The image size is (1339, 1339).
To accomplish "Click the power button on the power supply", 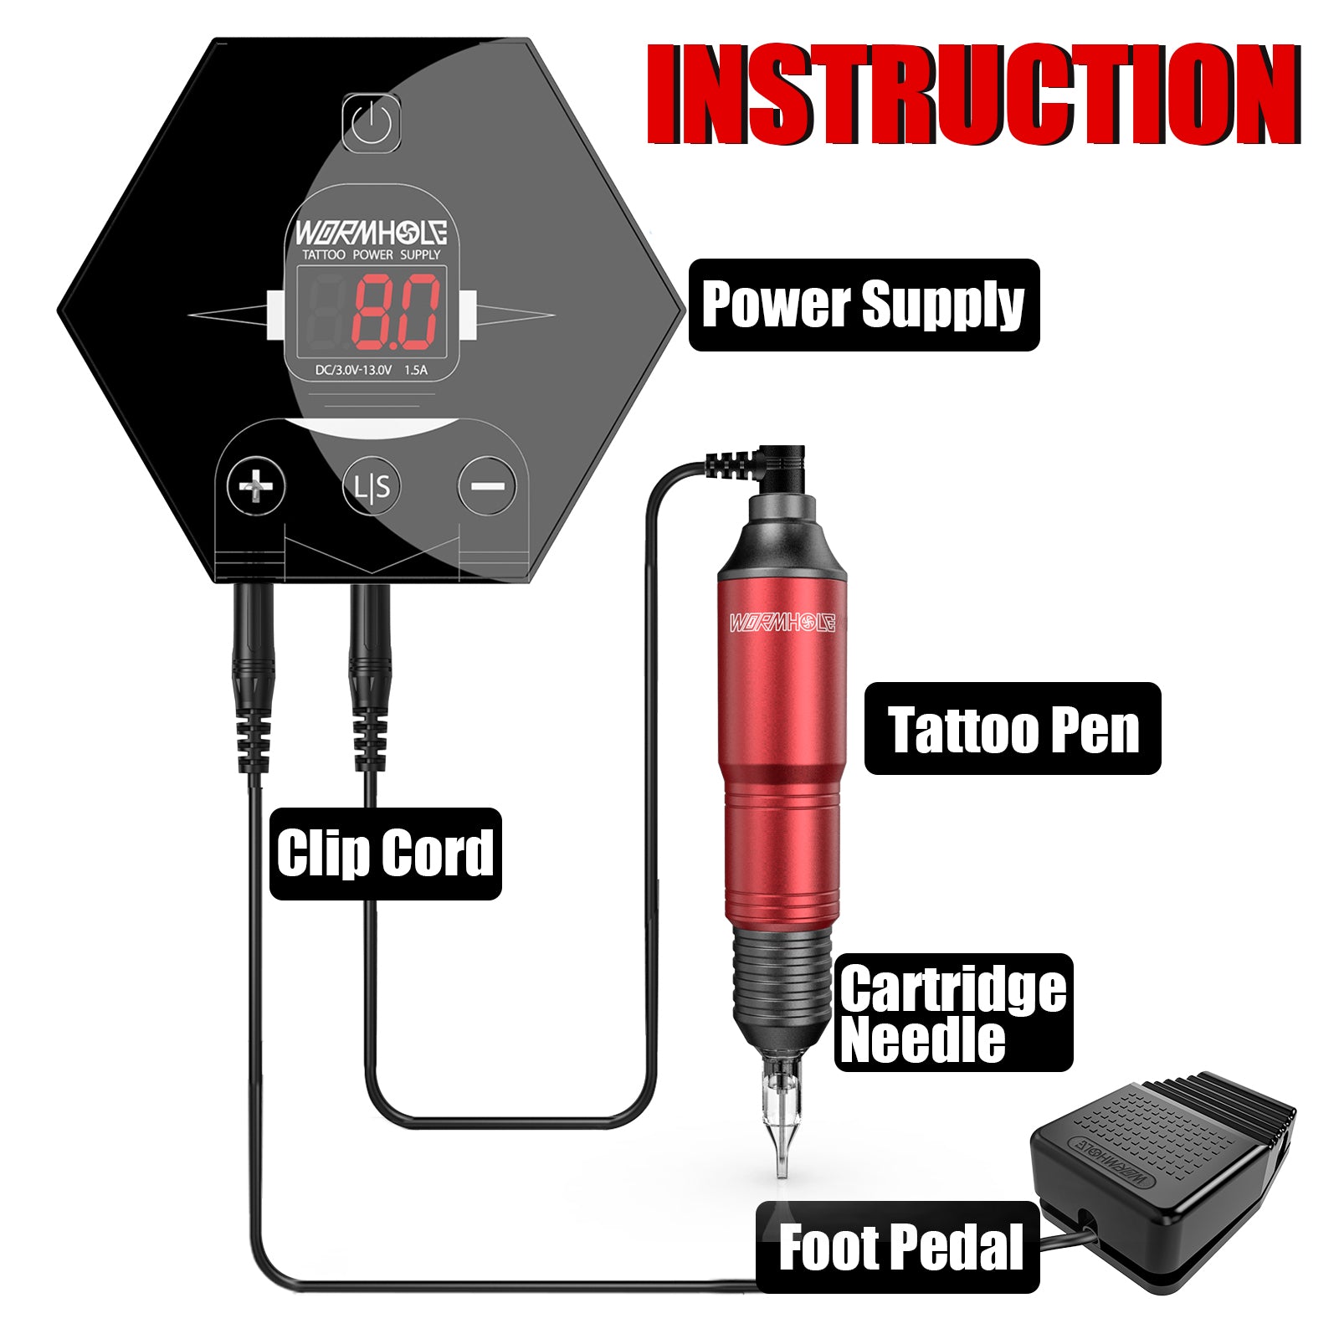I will click(x=371, y=123).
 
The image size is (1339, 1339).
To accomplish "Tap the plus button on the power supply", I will click(x=256, y=486).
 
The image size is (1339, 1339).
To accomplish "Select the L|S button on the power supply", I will click(x=372, y=486).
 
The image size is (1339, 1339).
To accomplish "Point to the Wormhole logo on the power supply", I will click(x=370, y=232).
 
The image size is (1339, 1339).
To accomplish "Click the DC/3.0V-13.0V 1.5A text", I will click(x=371, y=370).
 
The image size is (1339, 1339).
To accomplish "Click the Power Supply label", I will click(x=863, y=305).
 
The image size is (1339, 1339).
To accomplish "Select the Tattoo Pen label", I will click(x=1012, y=729).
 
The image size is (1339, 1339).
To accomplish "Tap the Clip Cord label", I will click(x=385, y=854).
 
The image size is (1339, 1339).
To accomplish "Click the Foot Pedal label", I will click(x=900, y=1247).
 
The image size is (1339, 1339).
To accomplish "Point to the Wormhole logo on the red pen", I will click(x=782, y=622).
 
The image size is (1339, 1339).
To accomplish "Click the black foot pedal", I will click(x=1163, y=1172).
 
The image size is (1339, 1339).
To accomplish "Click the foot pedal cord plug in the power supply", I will click(x=254, y=669).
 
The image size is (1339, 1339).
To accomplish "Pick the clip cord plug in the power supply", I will click(x=370, y=669).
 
